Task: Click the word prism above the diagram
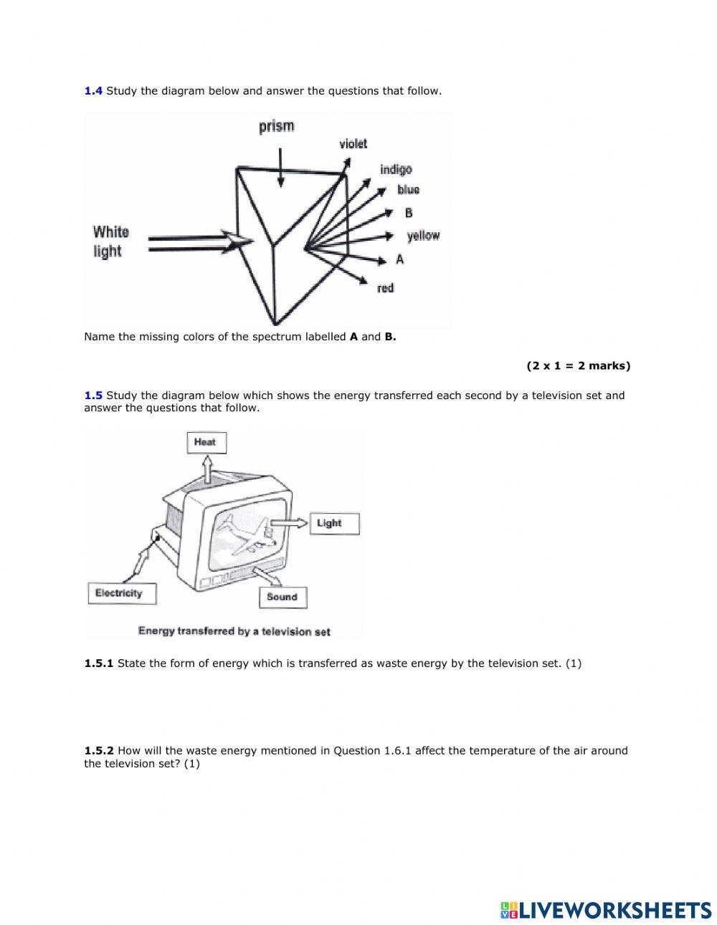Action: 277,127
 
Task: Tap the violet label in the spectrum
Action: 353,144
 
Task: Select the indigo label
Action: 396,170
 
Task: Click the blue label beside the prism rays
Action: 408,190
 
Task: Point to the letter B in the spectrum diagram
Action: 409,213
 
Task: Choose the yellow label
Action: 423,236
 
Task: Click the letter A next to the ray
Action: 400,259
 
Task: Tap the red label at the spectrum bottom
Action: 385,288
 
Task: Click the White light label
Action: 110,241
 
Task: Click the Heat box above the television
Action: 205,442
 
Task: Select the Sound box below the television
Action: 282,597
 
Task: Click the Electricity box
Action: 119,593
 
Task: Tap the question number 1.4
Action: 93,91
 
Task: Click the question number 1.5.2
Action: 99,751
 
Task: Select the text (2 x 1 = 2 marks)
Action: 578,365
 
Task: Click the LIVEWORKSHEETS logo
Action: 606,910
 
